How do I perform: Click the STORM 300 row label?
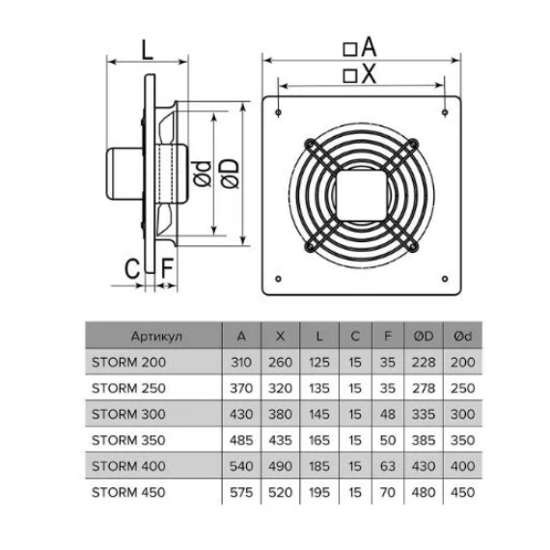pos(128,414)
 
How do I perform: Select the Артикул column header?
pos(156,337)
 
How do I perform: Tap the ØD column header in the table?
pos(424,337)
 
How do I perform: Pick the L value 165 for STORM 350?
pos(319,440)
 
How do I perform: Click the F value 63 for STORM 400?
pos(388,466)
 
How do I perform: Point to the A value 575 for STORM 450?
pos(241,492)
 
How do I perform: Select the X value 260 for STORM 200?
pos(280,363)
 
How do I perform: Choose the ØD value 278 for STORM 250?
pos(424,388)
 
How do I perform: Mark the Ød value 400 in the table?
pos(462,466)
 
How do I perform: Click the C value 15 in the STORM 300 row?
pos(355,414)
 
